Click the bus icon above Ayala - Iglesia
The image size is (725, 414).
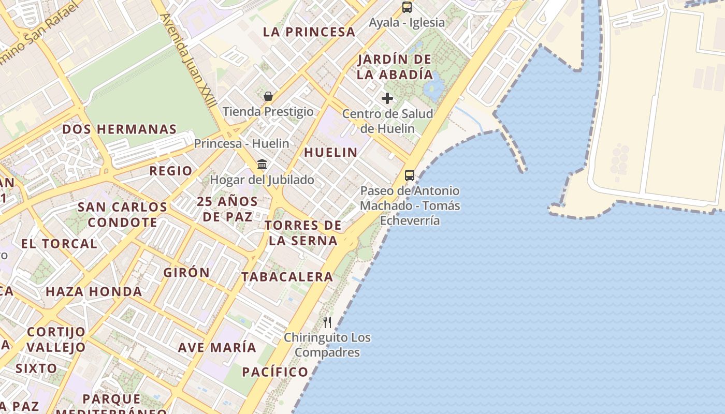pyautogui.click(x=407, y=7)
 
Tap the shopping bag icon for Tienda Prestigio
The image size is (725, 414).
pyautogui.click(x=268, y=96)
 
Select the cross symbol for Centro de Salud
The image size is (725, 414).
pyautogui.click(x=387, y=98)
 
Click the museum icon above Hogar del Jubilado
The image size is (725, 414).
pyautogui.click(x=262, y=165)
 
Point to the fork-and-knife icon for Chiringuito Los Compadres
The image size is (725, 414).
pyautogui.click(x=327, y=322)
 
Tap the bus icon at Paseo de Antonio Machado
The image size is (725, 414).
pyautogui.click(x=410, y=175)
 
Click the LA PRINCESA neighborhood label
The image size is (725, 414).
pyautogui.click(x=309, y=32)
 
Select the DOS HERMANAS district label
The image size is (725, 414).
pyautogui.click(x=120, y=129)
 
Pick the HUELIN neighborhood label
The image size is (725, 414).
pyautogui.click(x=330, y=153)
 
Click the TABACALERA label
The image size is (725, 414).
pyautogui.click(x=287, y=277)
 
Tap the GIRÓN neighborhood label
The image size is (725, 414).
pyautogui.click(x=186, y=273)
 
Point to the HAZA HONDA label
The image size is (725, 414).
pyautogui.click(x=94, y=292)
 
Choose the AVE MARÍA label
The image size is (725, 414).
pyautogui.click(x=217, y=348)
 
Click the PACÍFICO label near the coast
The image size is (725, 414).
pyautogui.click(x=275, y=372)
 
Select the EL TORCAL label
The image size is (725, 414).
pyautogui.click(x=59, y=244)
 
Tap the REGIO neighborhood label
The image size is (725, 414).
pyautogui.click(x=171, y=171)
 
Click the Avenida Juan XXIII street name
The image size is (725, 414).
pyautogui.click(x=188, y=60)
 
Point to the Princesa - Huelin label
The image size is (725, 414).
pyautogui.click(x=241, y=143)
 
